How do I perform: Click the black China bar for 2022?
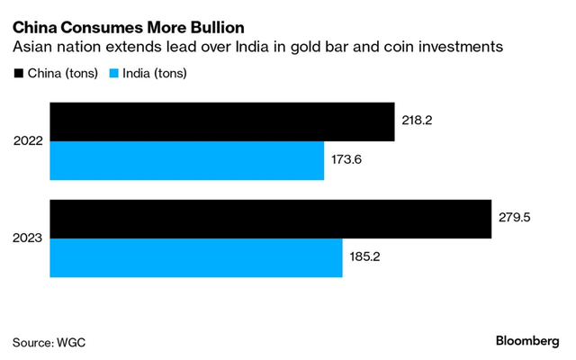point(222,122)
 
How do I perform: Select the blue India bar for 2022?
point(186,161)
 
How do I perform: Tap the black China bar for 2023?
point(270,219)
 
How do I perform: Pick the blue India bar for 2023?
point(195,257)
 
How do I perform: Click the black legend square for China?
point(17,73)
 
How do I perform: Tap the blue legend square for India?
point(114,73)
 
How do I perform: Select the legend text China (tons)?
point(62,73)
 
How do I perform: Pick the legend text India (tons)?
point(157,73)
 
